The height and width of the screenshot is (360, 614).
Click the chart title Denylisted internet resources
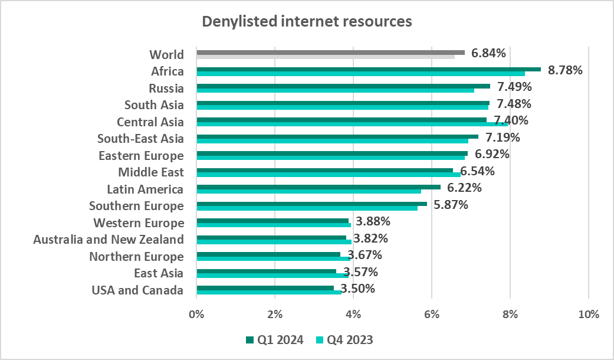coord(307,22)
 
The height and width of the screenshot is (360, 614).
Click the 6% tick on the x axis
coord(431,314)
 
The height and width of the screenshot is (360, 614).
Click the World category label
coord(166,54)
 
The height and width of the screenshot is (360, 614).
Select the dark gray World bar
coord(330,52)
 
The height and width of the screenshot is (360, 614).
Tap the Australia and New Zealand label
coord(109,239)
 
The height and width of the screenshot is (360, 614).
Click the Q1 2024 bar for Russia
coord(343,86)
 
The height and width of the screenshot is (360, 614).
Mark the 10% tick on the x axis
coord(588,314)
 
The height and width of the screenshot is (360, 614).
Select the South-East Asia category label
coord(140,139)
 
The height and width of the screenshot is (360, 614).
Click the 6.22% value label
coord(464,188)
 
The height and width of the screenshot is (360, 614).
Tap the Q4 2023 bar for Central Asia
coord(352,124)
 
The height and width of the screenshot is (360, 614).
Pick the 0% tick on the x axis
coord(196,314)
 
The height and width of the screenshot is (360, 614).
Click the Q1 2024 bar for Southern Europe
coord(311,204)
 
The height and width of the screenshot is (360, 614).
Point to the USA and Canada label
coord(137,290)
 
